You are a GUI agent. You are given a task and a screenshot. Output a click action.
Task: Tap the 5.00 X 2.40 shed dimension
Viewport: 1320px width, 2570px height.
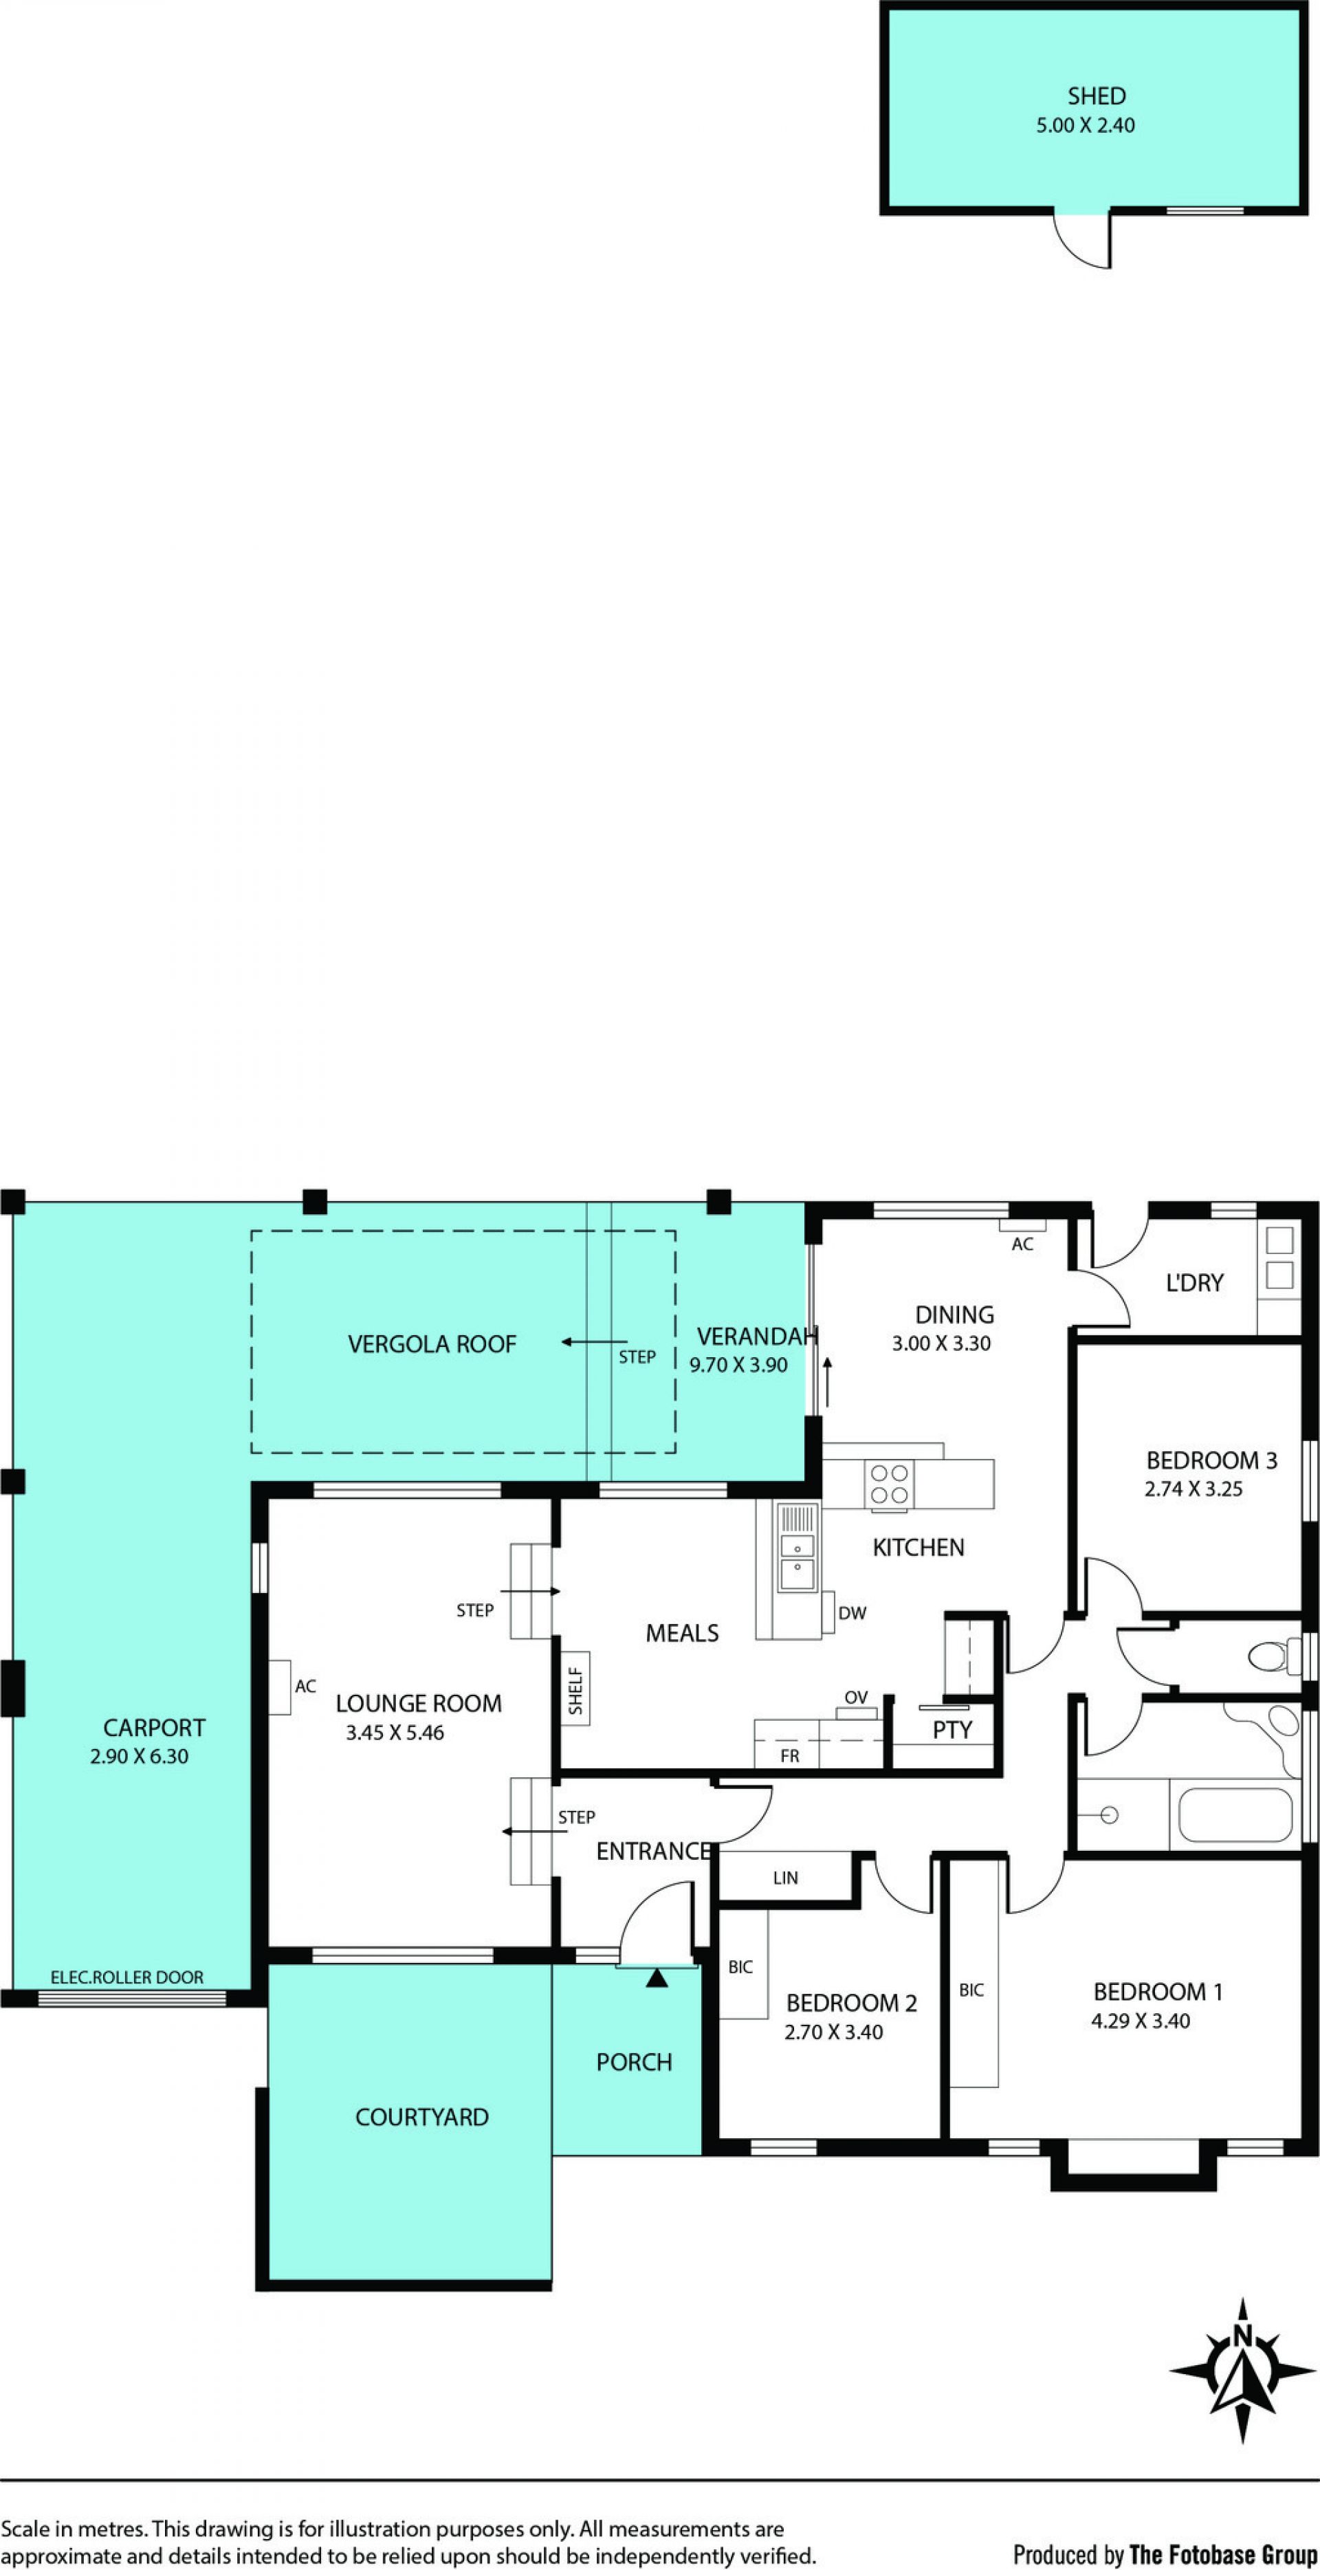1086,126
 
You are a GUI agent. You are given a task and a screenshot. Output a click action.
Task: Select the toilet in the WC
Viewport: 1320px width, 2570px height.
1274,1657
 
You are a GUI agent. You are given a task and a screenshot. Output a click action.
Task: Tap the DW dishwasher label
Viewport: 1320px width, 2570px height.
852,1613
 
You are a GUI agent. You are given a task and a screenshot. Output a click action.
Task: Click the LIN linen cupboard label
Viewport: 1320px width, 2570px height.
785,1878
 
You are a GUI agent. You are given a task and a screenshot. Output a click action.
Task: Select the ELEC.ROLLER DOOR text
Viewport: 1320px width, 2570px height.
126,1977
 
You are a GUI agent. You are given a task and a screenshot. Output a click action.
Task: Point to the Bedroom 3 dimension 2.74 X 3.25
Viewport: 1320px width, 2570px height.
1193,1489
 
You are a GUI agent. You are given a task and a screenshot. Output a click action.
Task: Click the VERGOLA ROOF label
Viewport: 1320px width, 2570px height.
432,1345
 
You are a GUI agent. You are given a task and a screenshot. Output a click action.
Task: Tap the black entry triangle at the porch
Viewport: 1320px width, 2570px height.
657,1977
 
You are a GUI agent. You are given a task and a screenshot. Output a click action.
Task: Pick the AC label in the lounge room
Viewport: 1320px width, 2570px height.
305,1686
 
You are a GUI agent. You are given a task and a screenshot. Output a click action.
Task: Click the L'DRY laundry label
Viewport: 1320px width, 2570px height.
1194,1283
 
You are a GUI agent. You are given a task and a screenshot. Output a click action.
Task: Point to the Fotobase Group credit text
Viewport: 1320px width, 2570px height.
1165,2547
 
